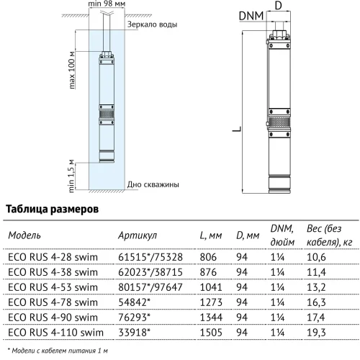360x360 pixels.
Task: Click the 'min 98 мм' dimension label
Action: [107, 4]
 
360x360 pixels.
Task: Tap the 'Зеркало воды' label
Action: [152, 24]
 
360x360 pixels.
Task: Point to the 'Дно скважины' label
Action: [153, 184]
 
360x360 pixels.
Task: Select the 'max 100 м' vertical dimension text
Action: [72, 70]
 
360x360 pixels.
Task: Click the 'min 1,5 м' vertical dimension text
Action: [71, 176]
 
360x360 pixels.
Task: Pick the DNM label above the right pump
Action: [251, 16]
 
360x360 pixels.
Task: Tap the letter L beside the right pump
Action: [237, 129]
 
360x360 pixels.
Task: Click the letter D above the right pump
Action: [278, 5]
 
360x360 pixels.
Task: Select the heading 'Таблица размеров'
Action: [52, 209]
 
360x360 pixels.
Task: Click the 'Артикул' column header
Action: [138, 235]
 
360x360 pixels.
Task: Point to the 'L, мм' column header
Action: [211, 235]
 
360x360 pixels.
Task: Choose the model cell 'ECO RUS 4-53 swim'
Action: [53, 287]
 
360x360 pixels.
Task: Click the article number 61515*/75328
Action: [150, 257]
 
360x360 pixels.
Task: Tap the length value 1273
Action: [211, 302]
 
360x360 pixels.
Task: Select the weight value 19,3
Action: [316, 333]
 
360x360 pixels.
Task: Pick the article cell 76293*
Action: [134, 318]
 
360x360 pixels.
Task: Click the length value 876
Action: [208, 272]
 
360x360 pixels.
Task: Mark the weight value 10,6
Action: [316, 257]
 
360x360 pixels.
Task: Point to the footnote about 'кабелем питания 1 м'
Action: [58, 351]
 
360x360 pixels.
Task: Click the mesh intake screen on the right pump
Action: [279, 122]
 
